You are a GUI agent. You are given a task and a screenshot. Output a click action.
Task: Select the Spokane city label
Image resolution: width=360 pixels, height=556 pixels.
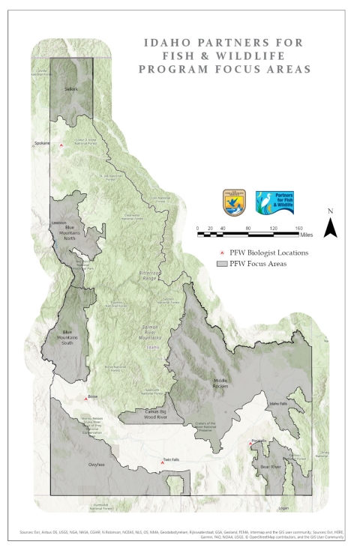[41, 142]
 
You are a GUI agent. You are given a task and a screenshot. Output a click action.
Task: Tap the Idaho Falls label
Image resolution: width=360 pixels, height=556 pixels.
[278, 404]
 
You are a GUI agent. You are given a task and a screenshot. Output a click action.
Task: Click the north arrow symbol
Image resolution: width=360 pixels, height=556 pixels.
[330, 226]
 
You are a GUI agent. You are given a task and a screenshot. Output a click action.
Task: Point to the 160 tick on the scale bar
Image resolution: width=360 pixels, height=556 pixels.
[298, 228]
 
